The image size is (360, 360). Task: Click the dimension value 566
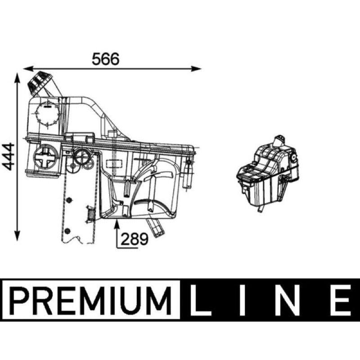coord(106,59)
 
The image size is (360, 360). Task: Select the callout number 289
coord(135,239)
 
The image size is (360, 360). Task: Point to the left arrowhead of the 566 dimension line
coord(28,69)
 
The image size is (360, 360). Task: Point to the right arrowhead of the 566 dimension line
coord(196,69)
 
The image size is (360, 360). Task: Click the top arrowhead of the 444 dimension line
coord(17,77)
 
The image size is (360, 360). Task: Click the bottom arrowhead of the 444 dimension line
coord(17,236)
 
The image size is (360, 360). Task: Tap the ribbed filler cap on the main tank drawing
coord(39,83)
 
